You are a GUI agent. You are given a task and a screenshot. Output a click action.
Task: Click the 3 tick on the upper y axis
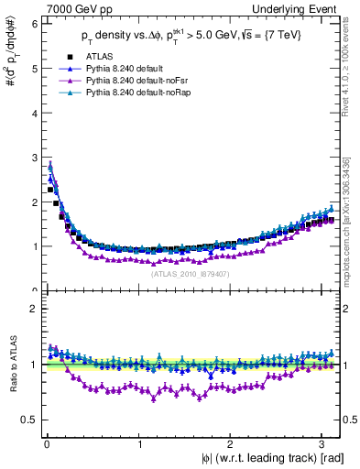coord(34,157)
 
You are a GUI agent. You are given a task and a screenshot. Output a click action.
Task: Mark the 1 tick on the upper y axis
coord(34,246)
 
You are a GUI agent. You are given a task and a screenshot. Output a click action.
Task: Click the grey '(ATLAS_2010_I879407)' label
coord(192,273)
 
